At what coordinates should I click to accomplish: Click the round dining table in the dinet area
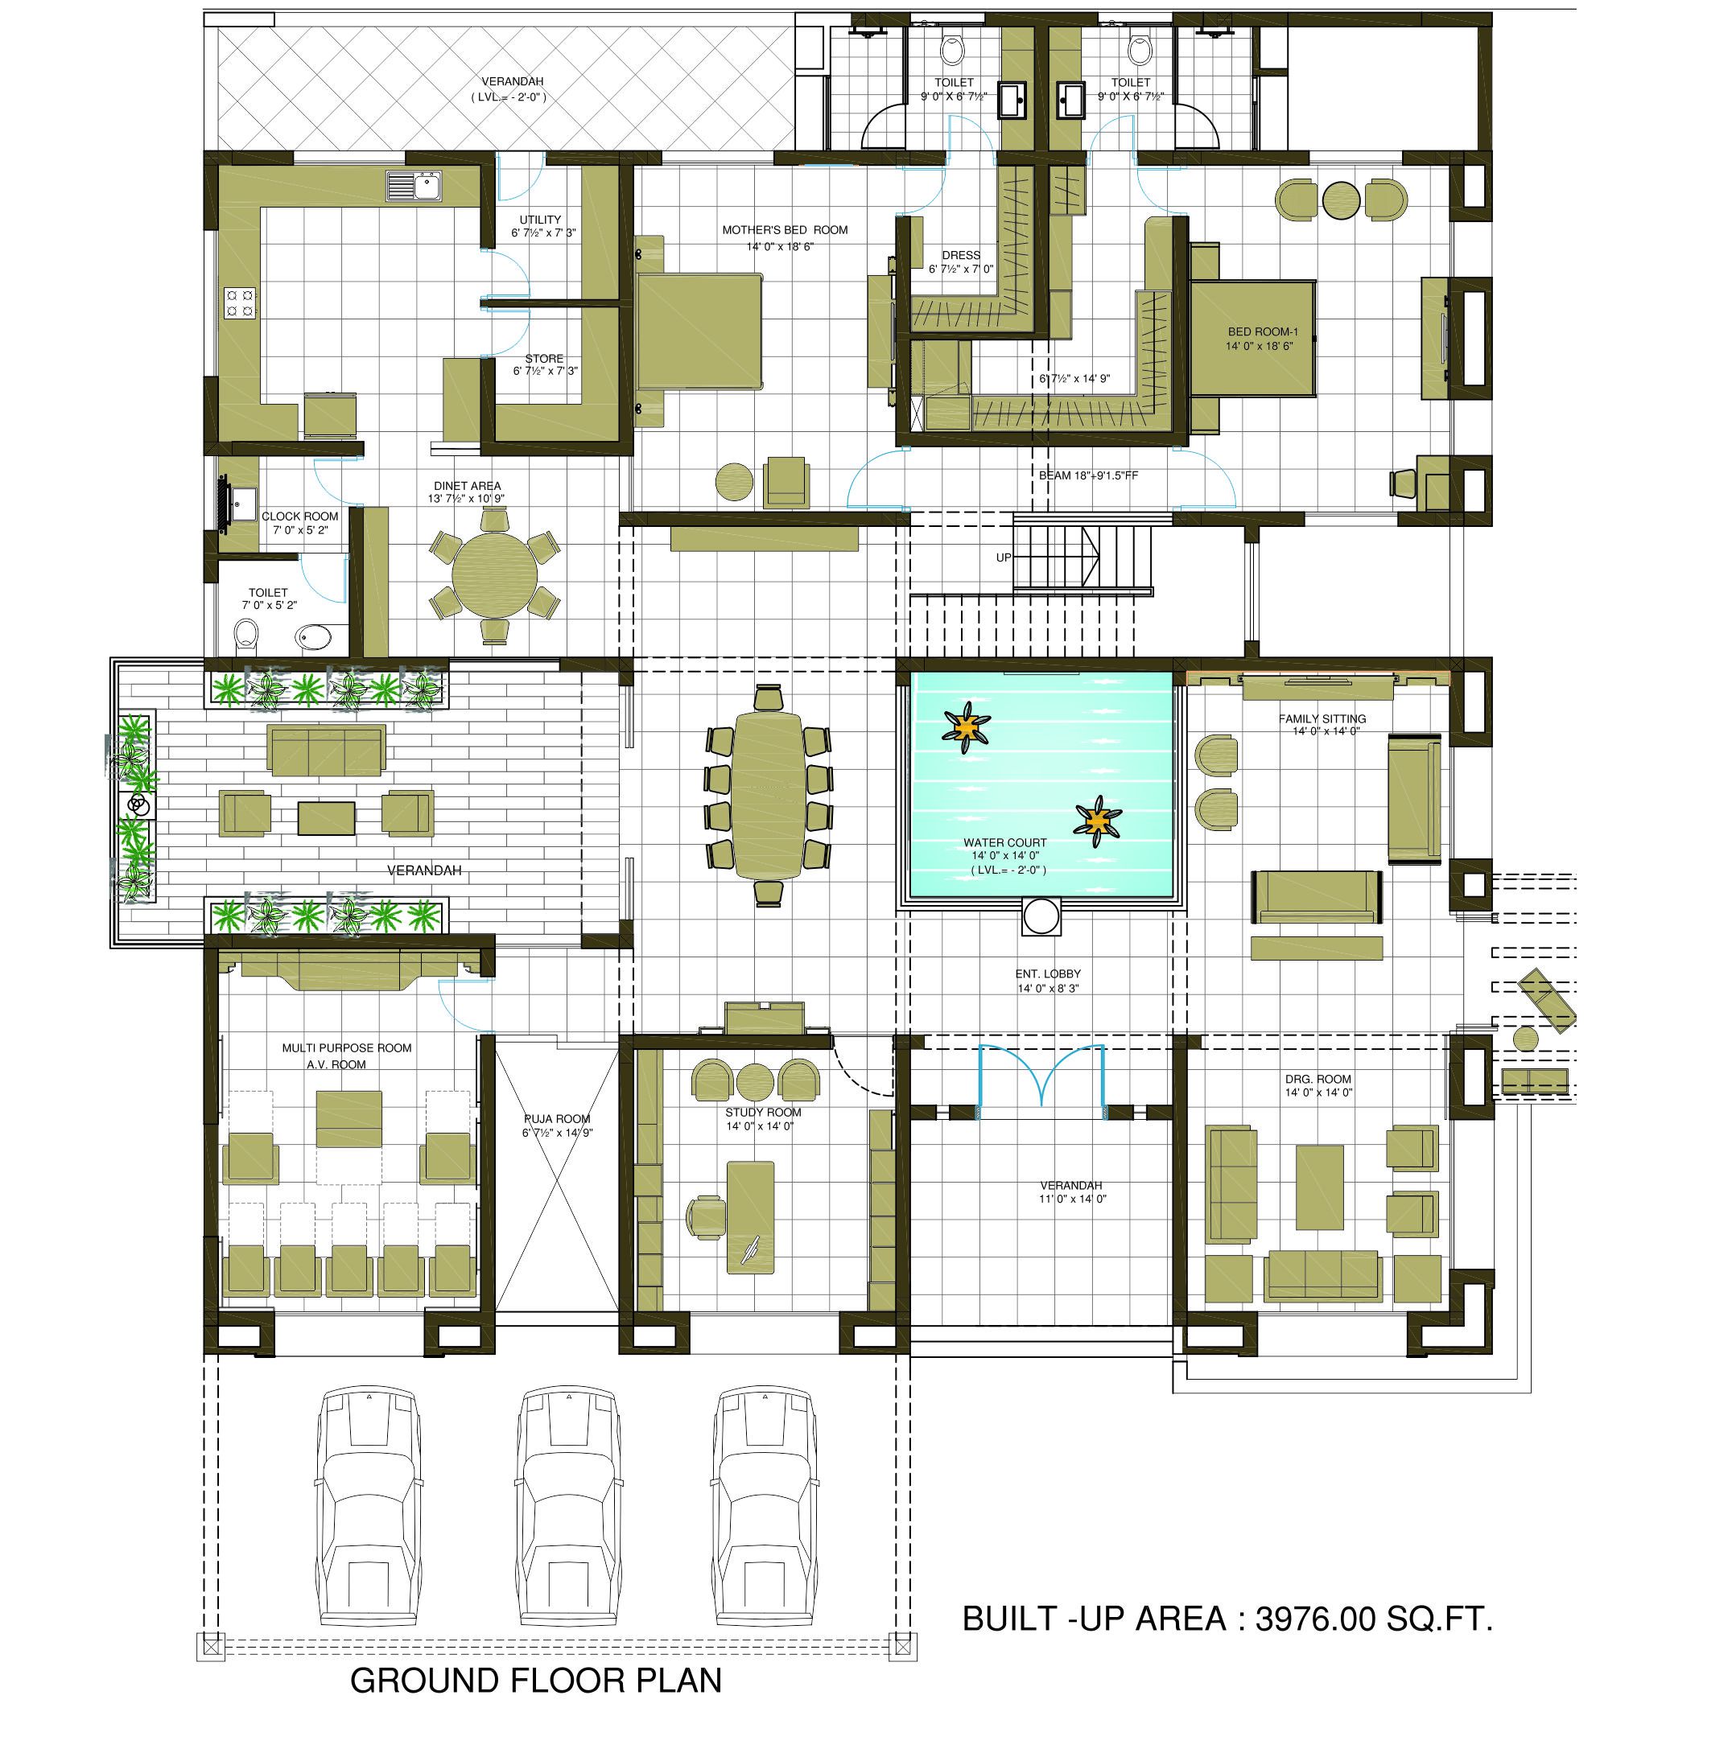click(x=495, y=576)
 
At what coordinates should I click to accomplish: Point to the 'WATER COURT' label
click(x=1005, y=842)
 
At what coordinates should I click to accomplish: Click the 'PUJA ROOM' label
click(x=557, y=1118)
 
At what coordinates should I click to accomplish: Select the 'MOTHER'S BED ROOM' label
click(x=785, y=230)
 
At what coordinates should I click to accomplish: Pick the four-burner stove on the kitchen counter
click(x=240, y=302)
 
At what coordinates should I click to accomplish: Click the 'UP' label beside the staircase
click(x=1004, y=558)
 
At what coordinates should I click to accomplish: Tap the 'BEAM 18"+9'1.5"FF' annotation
click(x=1089, y=475)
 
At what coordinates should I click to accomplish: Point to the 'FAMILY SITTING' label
click(x=1322, y=718)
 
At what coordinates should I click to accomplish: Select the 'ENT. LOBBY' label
click(x=1048, y=974)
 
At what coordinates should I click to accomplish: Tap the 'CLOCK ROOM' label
click(x=300, y=516)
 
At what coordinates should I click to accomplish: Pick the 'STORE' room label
click(x=544, y=358)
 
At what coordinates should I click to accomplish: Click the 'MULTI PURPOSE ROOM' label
click(x=347, y=1047)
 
